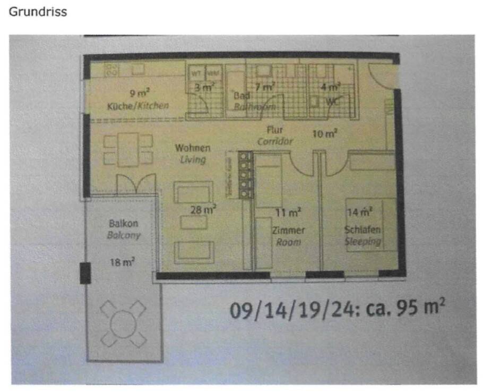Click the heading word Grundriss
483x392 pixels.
click(38, 12)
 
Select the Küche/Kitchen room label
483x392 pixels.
click(137, 106)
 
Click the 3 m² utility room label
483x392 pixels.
click(204, 87)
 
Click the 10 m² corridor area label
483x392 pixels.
click(325, 134)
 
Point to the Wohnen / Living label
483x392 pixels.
click(193, 154)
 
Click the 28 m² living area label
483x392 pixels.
click(203, 210)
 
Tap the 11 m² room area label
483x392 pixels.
click(288, 213)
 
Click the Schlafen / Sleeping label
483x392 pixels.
click(363, 235)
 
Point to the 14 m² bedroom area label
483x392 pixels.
click(359, 212)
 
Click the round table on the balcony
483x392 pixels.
click(123, 322)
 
